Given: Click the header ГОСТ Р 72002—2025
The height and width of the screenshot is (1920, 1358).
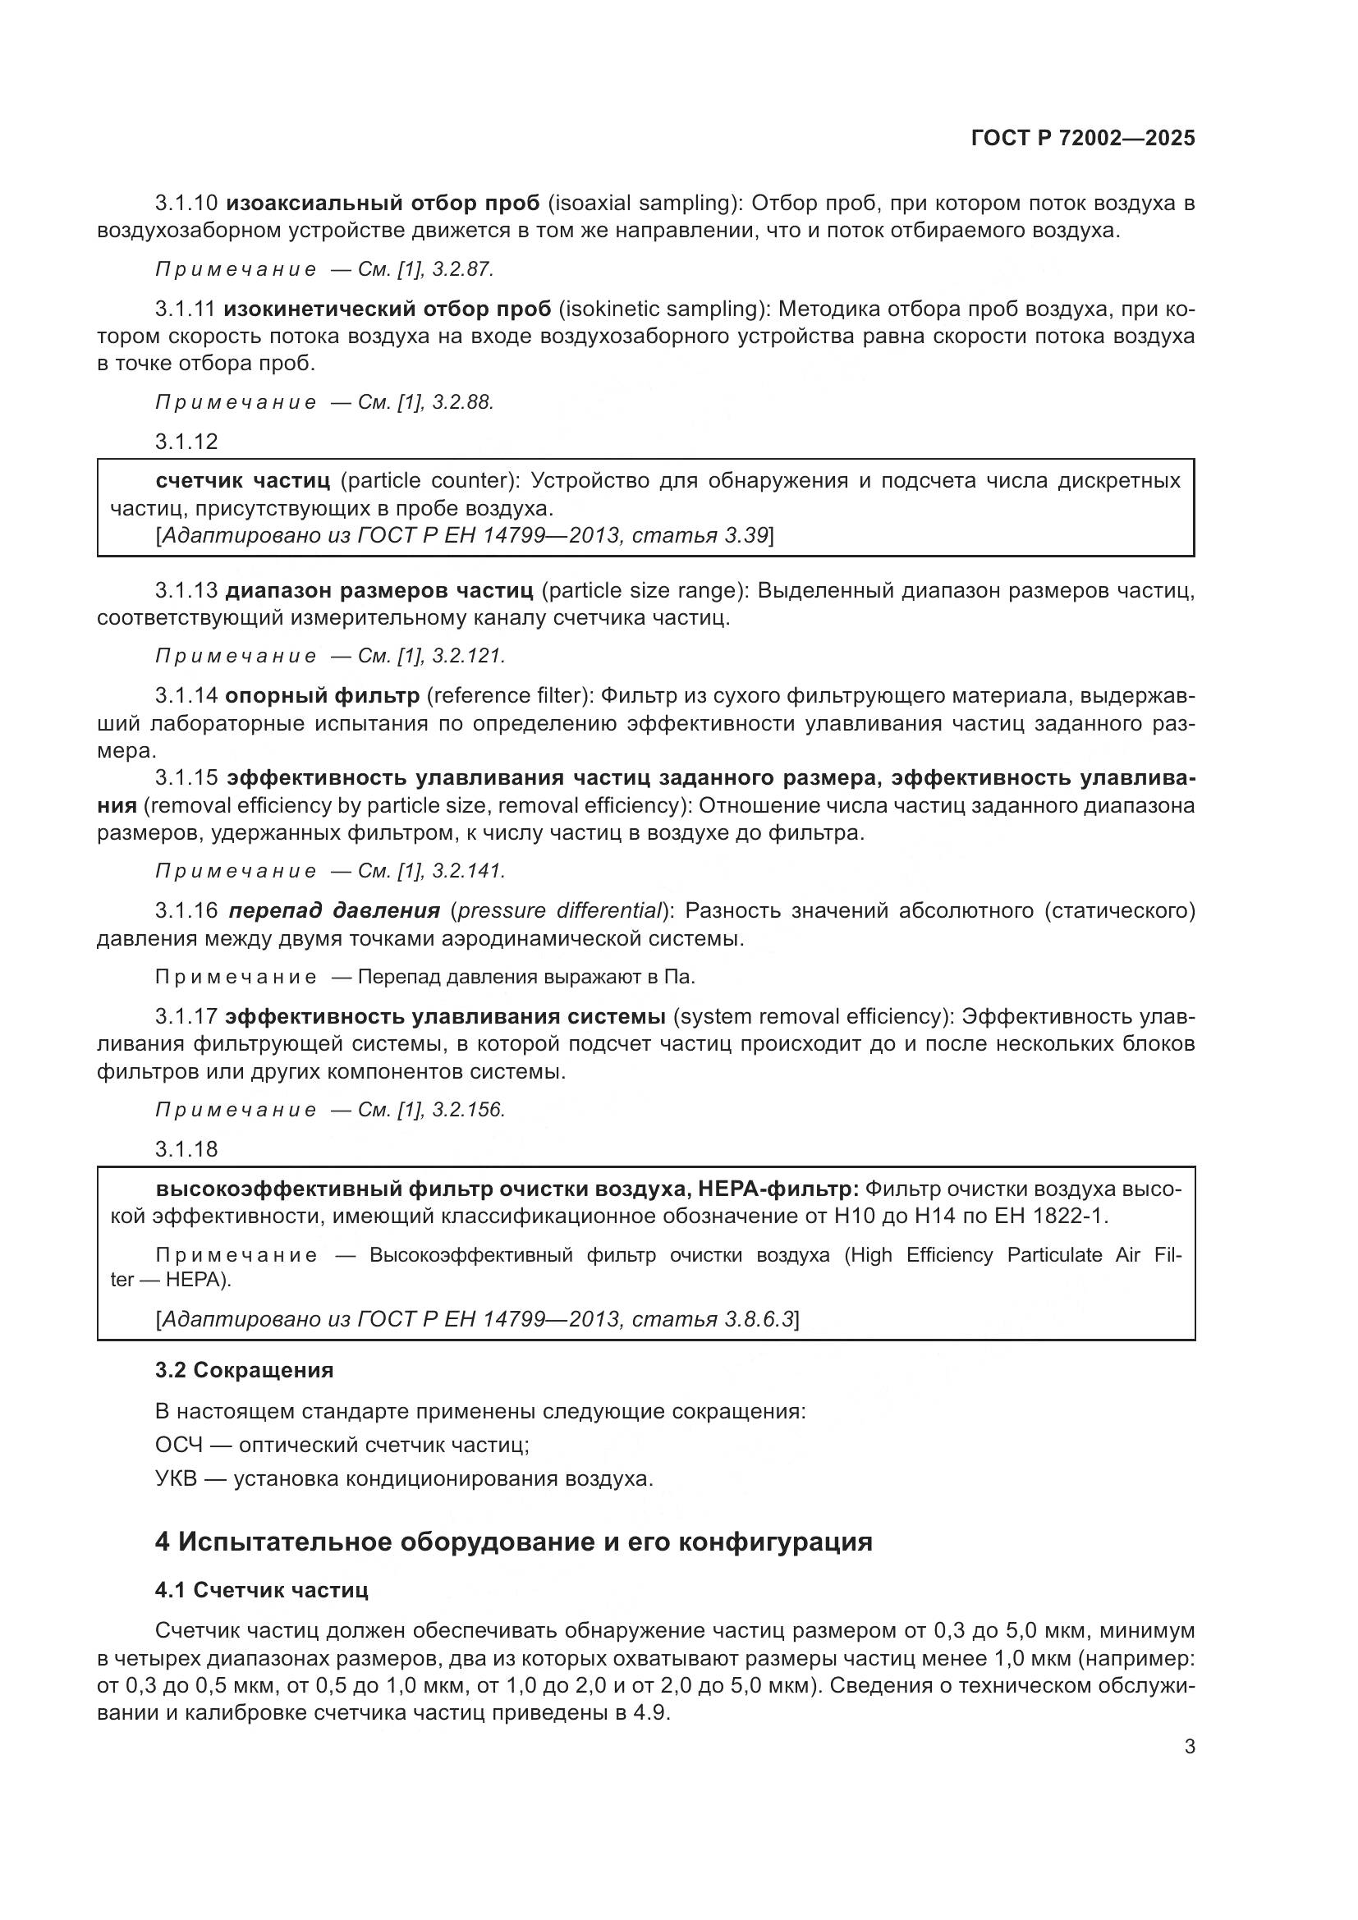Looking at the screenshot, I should tap(1083, 139).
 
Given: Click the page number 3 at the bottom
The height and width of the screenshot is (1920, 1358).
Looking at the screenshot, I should tap(1189, 1746).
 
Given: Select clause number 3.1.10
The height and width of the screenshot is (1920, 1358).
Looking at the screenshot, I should tap(186, 204).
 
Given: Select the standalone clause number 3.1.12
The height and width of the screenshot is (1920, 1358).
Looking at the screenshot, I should tap(186, 442).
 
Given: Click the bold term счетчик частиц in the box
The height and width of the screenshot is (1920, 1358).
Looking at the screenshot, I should tap(242, 481).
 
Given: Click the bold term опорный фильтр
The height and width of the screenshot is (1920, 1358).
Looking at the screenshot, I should tap(323, 696).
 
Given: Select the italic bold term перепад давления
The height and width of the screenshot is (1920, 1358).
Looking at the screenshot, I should tap(334, 910).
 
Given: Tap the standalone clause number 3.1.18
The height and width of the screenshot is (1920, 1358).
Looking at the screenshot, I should tap(186, 1149).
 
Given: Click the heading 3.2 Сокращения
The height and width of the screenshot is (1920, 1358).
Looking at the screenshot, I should tap(244, 1370).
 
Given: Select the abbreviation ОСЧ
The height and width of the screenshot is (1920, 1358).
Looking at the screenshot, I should tap(179, 1445).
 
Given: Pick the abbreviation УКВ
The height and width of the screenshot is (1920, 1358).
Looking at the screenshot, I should tap(177, 1478).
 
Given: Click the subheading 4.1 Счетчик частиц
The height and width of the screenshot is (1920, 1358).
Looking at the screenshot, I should tap(262, 1590).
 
